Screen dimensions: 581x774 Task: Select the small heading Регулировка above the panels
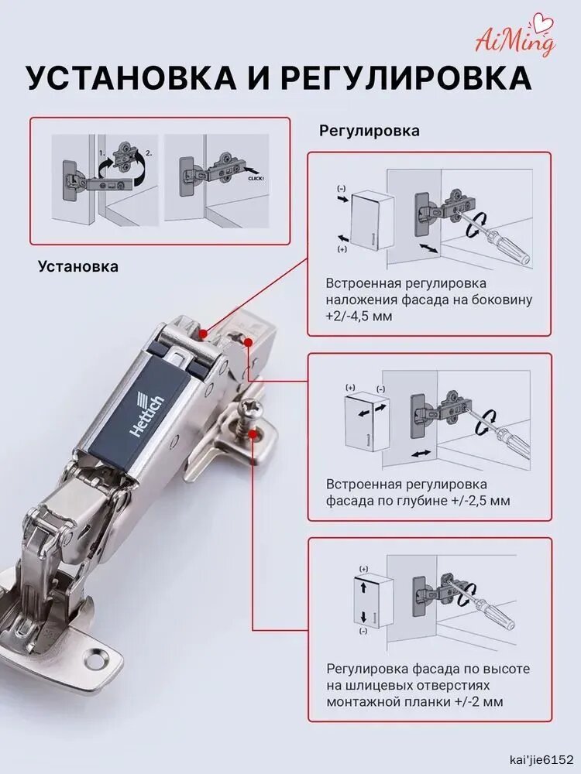[x=369, y=131]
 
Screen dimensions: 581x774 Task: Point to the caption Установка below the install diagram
[x=78, y=266]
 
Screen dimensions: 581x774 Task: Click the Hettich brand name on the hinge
[x=148, y=409]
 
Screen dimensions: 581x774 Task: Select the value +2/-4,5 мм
[x=359, y=316]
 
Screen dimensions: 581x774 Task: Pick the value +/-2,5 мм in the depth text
[x=480, y=501]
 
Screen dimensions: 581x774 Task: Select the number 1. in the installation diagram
[x=101, y=153]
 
